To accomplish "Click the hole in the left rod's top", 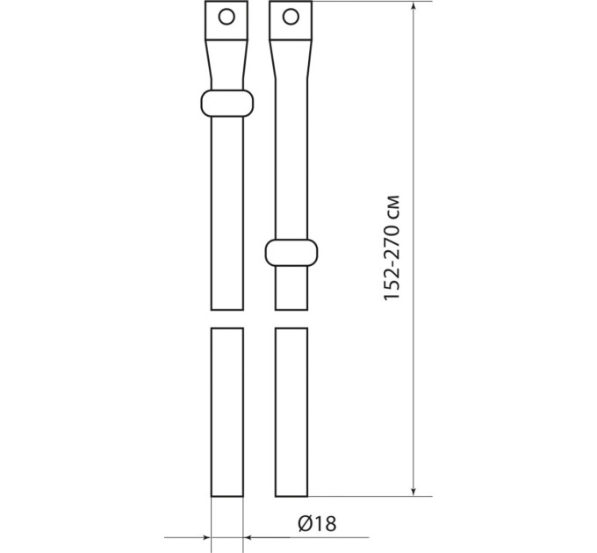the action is click(x=227, y=17).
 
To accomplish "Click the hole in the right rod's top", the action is click(x=291, y=17).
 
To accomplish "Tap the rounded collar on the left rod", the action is click(x=227, y=104).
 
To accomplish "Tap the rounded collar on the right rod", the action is click(x=291, y=253).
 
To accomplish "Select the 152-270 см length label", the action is click(x=392, y=248).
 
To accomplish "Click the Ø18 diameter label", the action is click(x=317, y=523).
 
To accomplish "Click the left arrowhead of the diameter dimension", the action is click(x=206, y=537).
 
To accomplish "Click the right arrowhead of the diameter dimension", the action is click(x=248, y=537).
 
